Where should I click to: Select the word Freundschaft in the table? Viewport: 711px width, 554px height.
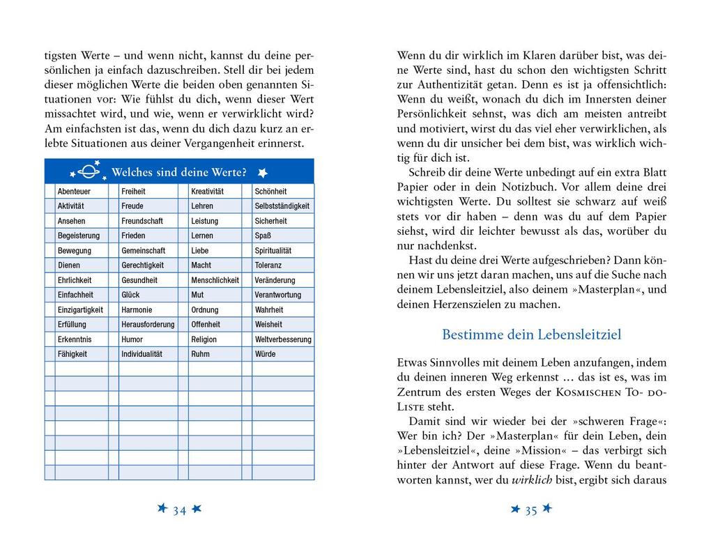coord(142,221)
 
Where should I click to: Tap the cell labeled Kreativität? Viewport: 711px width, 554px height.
coord(207,191)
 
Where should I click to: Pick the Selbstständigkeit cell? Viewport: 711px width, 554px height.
coord(282,206)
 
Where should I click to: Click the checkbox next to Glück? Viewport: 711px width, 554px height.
coord(113,295)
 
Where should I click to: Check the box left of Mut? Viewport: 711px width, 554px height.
coord(183,295)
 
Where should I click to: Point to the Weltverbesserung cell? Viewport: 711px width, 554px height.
coord(283,339)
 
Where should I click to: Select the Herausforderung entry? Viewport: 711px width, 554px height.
coord(148,325)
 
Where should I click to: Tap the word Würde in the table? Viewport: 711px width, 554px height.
coord(265,354)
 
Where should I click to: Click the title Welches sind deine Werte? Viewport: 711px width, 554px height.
coord(178,172)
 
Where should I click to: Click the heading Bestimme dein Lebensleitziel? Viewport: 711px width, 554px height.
coord(531,334)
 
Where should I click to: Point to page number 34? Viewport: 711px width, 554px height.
coord(179,510)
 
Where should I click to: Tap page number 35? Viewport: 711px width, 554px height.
coord(530,510)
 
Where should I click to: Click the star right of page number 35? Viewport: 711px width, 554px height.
coord(547,509)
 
